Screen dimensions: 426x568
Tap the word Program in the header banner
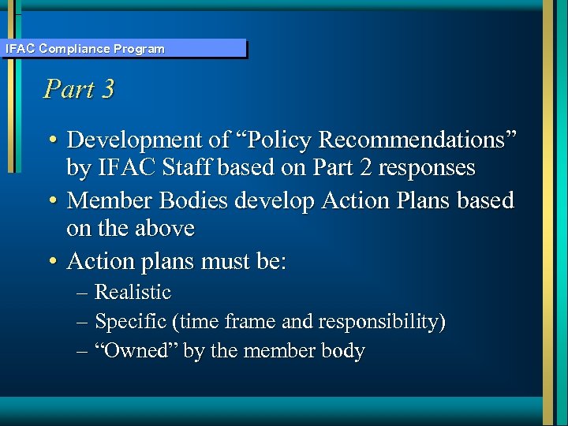coord(139,49)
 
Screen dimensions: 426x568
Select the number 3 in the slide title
coord(107,88)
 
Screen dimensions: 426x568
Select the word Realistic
coord(133,292)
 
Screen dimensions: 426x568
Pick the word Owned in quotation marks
coord(136,351)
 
